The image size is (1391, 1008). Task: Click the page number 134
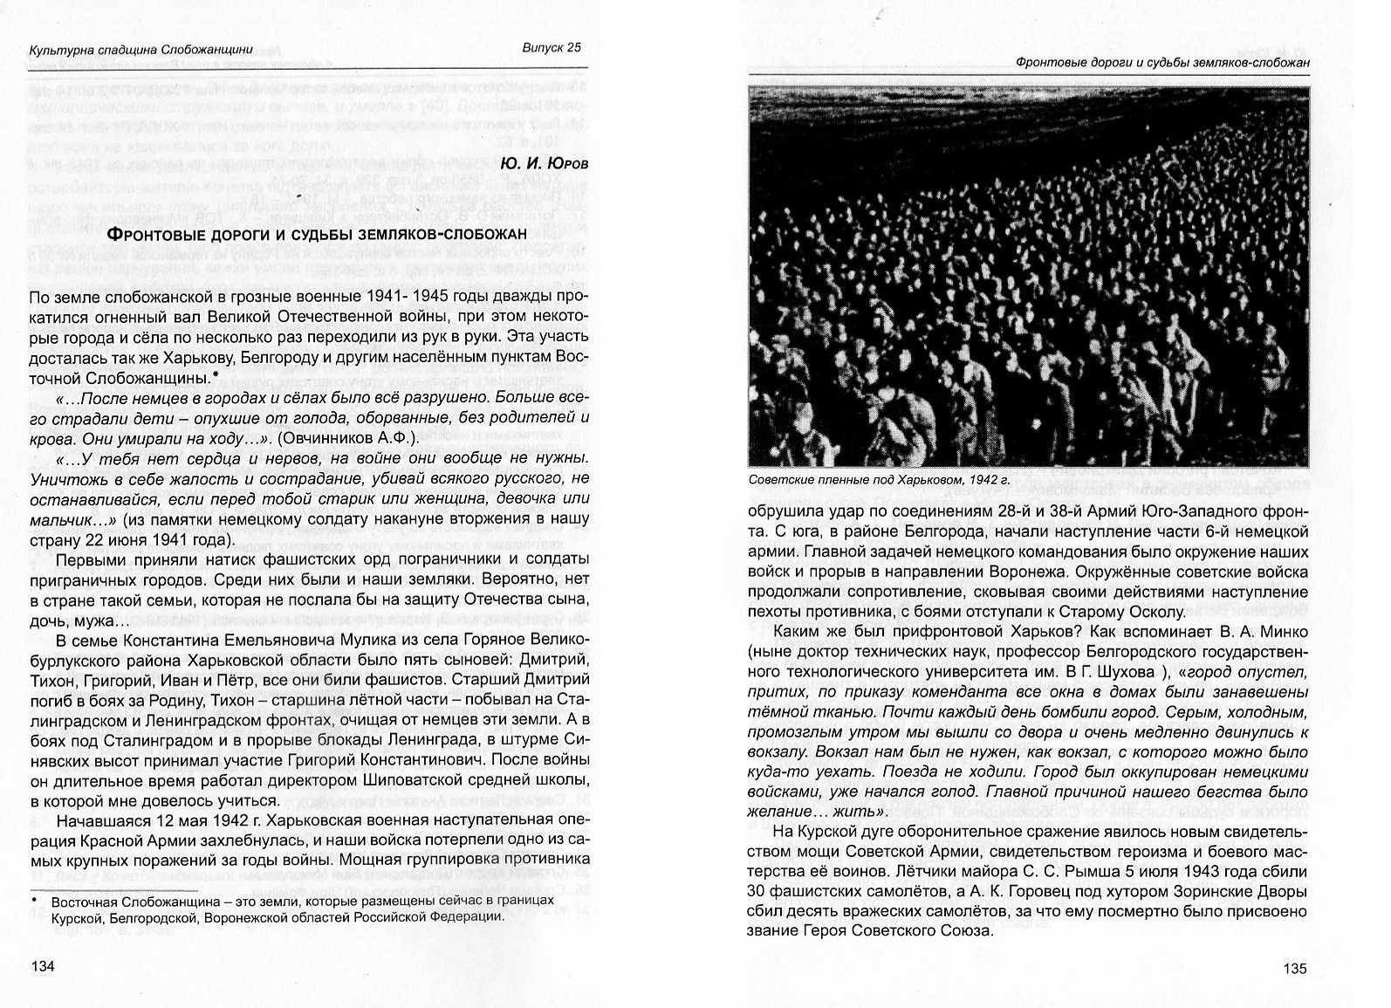[43, 966]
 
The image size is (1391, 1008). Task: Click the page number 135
[1295, 968]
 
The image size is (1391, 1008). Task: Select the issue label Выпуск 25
[552, 48]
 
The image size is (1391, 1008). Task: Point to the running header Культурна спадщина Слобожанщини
[140, 50]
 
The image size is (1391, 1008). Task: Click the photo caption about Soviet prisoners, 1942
[879, 480]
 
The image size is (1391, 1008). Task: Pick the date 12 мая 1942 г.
[201, 820]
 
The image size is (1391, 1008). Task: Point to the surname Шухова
[1127, 671]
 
